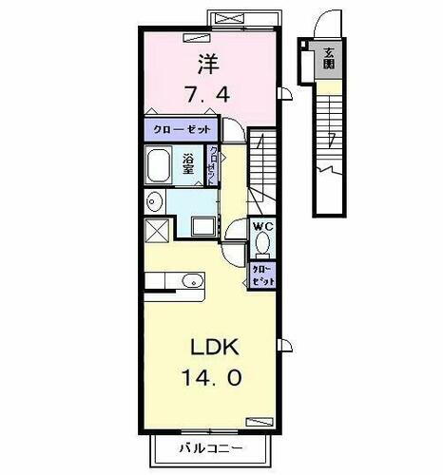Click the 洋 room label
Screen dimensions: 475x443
208,65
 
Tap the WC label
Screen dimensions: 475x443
263,227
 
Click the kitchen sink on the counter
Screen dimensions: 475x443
192,280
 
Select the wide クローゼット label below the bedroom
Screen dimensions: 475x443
181,127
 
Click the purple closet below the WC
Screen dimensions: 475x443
263,275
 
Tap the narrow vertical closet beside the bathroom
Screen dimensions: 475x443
216,165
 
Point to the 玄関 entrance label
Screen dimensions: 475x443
329,60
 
